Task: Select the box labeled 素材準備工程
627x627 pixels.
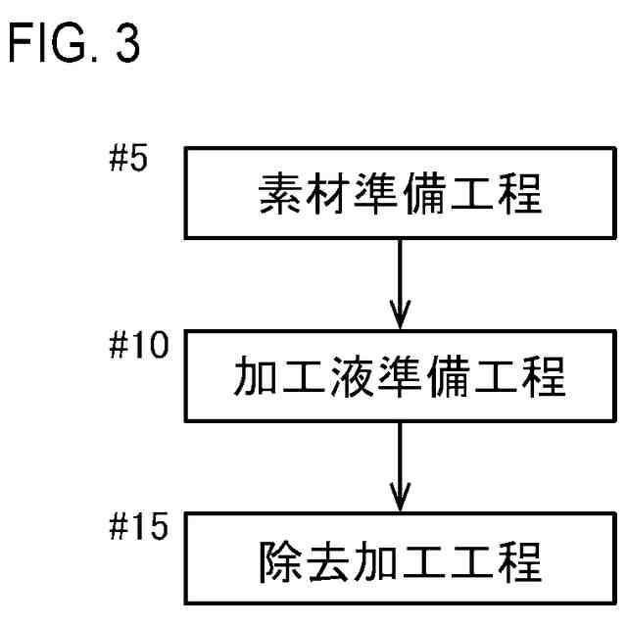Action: tap(400, 194)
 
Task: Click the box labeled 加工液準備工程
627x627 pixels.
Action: tap(400, 377)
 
